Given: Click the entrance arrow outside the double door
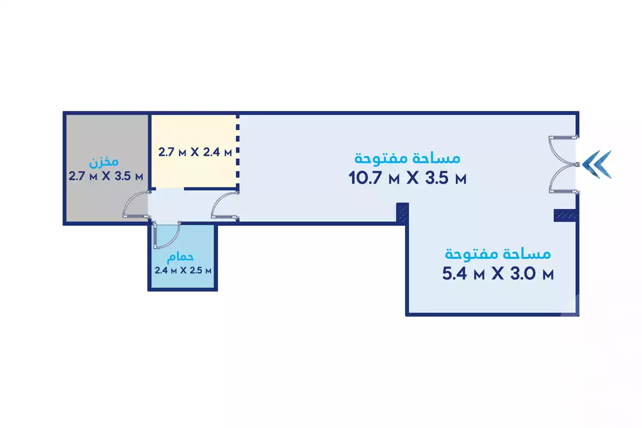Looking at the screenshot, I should pos(598,164).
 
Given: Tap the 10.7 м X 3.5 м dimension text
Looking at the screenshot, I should pos(408,178).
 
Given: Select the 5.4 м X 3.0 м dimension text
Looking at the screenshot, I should pos(498,274).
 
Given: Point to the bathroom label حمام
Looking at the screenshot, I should pos(180,257).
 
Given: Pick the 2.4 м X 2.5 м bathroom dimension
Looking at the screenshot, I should pos(183,270).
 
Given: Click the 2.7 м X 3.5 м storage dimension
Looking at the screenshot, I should pos(106,175).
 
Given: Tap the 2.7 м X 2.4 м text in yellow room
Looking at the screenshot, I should pos(195,152).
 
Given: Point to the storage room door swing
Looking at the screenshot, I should pos(135,205).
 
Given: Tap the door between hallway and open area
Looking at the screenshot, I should pos(224,206).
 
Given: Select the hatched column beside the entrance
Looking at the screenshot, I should pos(565,215).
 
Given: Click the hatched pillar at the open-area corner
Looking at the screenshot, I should pos(402,212).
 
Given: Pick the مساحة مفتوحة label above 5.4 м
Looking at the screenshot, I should pos(498,254).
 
